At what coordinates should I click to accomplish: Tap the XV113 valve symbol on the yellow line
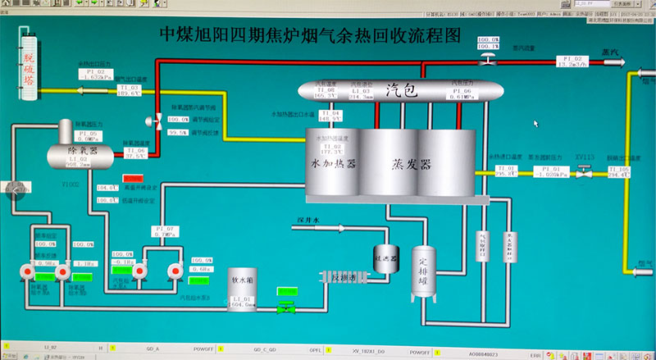583,172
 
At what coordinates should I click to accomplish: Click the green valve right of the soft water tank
285,307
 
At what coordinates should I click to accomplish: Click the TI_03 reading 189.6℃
129,93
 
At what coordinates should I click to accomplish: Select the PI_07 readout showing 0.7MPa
165,235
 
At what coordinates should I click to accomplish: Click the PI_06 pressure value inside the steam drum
462,95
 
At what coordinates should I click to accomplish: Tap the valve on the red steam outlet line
487,61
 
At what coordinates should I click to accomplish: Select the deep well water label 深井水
304,219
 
